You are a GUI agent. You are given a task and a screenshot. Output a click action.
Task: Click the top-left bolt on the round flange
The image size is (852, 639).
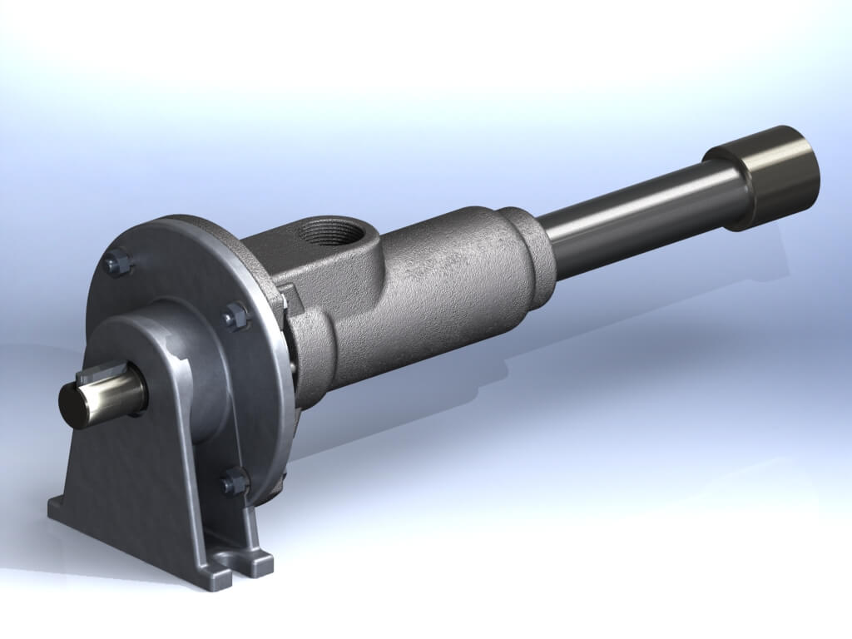116,265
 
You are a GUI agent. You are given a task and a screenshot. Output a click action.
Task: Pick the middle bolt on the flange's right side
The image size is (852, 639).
235,315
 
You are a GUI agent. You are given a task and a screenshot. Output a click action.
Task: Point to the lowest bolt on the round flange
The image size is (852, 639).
234,482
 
